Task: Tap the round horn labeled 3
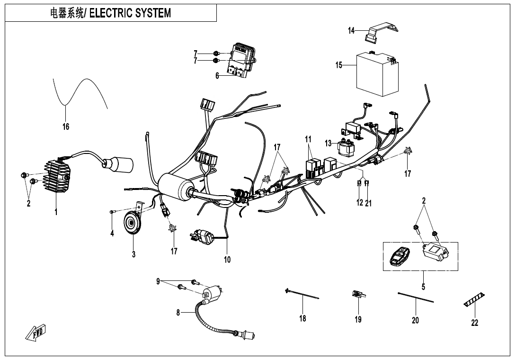[132, 223]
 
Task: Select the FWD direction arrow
[36, 334]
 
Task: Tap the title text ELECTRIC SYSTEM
[130, 13]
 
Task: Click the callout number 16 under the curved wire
[66, 126]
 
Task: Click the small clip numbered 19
[358, 296]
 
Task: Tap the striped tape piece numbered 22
[474, 299]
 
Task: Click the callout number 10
[227, 260]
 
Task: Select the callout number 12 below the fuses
[360, 203]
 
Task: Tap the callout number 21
[369, 203]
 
